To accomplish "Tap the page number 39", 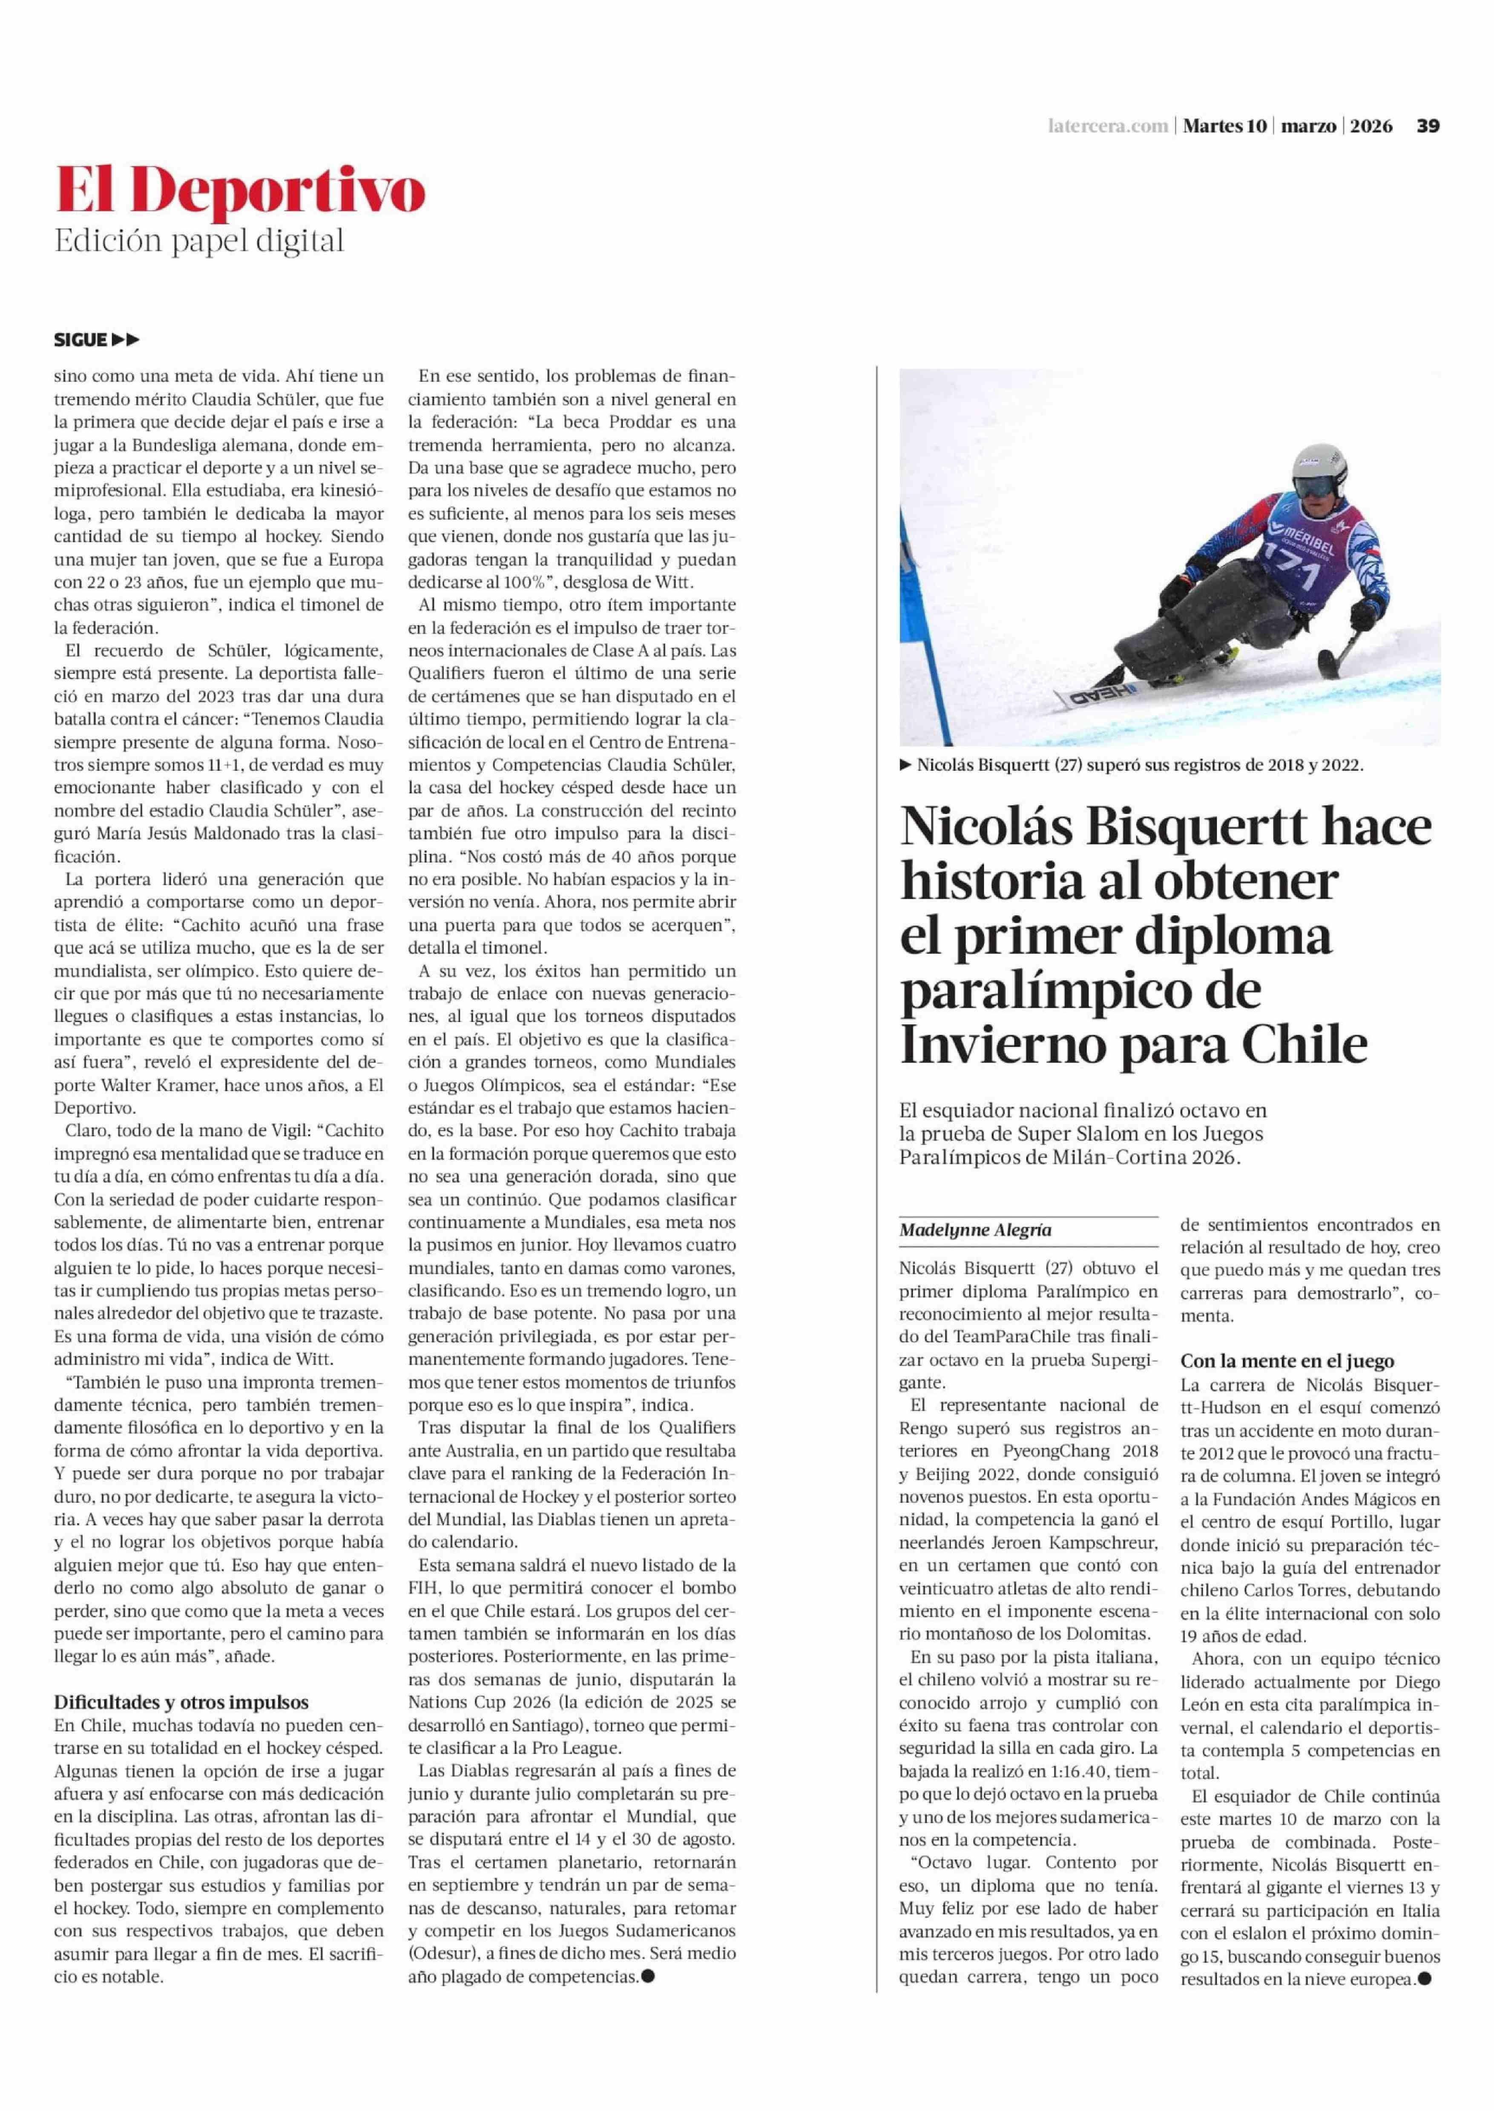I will [x=1428, y=126].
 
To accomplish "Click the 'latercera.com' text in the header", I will [x=1108, y=126].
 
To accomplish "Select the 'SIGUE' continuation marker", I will [x=81, y=340].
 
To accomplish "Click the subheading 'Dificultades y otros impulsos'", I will [x=181, y=1703].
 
